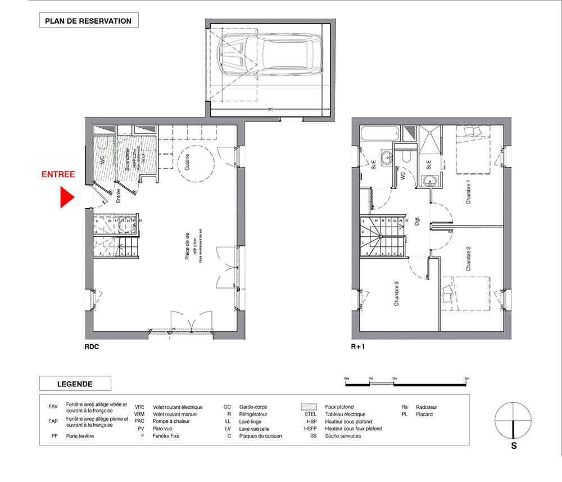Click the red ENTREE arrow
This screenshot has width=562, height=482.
pyautogui.click(x=67, y=197)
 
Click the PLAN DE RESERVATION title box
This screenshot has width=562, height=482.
pyautogui.click(x=88, y=21)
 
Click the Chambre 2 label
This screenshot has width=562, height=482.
pyautogui.click(x=468, y=259)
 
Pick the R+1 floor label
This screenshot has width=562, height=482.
pyautogui.click(x=358, y=347)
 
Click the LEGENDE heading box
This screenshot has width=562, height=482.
pyautogui.click(x=75, y=384)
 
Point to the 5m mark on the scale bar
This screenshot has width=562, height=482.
pyautogui.click(x=466, y=378)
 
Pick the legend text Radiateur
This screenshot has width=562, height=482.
pyautogui.click(x=427, y=407)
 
